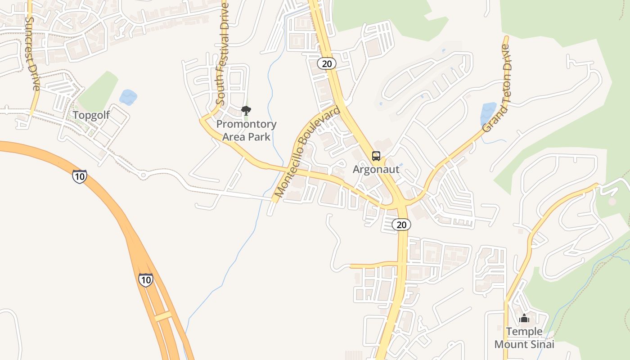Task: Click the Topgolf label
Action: [x=91, y=115]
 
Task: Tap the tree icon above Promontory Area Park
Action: [x=246, y=110]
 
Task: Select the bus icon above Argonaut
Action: [x=376, y=156]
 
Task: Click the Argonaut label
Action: [x=376, y=170]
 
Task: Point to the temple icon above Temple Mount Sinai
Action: [x=524, y=319]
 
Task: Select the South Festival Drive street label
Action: [x=222, y=54]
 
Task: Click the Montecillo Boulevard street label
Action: [x=307, y=152]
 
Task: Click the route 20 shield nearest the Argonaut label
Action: [x=401, y=224]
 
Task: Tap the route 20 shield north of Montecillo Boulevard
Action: [x=327, y=63]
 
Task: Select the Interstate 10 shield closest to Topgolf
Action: [x=79, y=176]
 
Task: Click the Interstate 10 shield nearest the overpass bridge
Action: [x=145, y=279]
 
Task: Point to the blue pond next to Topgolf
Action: [x=128, y=97]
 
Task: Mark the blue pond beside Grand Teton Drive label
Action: [x=488, y=113]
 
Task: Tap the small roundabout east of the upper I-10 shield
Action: [x=143, y=174]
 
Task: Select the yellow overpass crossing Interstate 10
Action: [x=163, y=316]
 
